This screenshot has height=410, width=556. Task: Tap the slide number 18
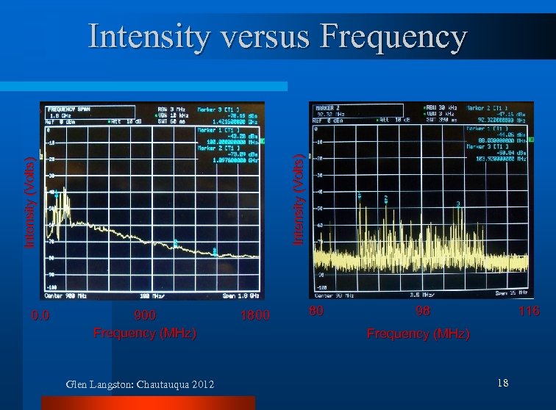(x=503, y=383)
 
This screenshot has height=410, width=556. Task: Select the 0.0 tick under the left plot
(x=40, y=315)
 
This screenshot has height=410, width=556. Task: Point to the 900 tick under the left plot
(x=145, y=315)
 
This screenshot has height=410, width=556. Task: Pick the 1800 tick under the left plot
(x=255, y=315)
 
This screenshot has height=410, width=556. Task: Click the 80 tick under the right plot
(x=316, y=311)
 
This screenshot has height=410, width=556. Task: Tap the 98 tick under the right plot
(x=422, y=311)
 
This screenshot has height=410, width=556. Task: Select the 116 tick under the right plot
(x=528, y=311)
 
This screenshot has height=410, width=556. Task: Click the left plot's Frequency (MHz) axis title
(x=145, y=333)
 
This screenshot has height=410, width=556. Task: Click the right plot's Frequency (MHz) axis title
(x=418, y=334)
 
